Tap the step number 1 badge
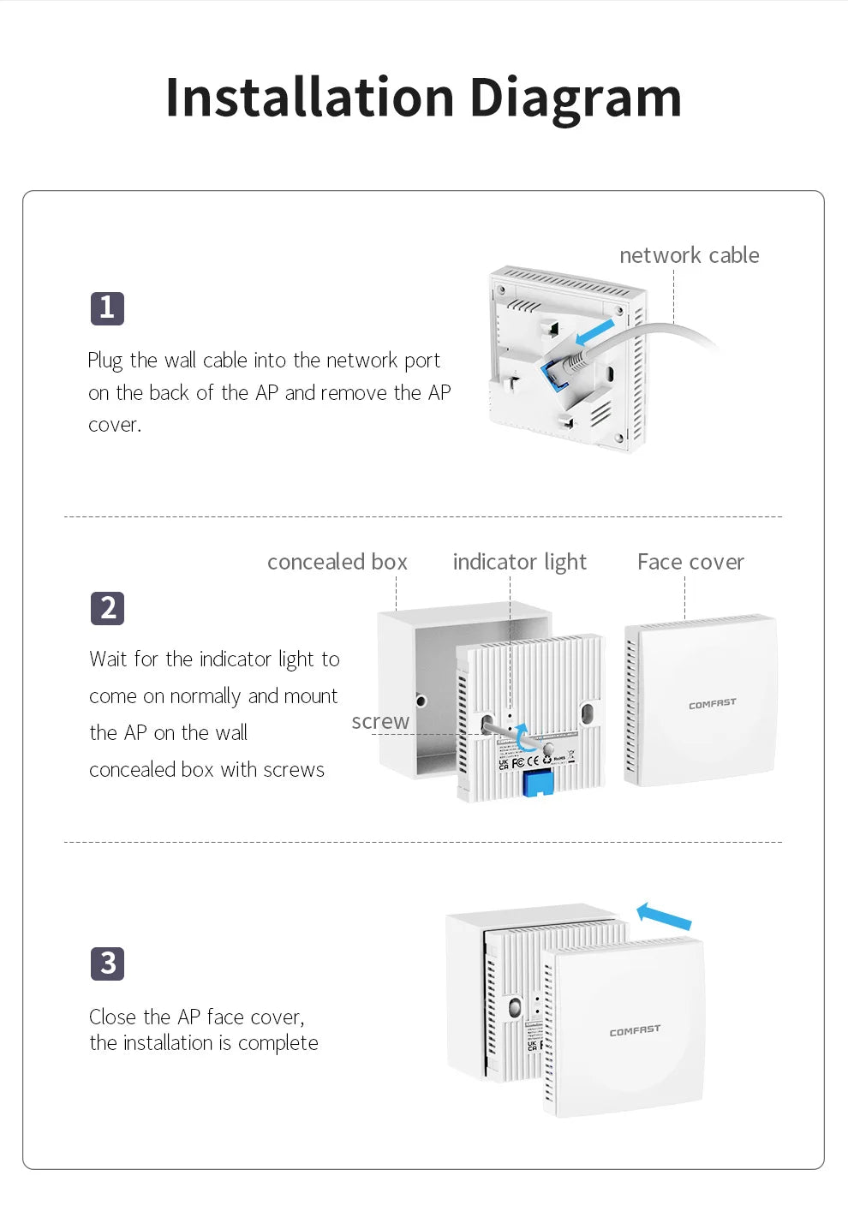point(107,308)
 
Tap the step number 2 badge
point(107,608)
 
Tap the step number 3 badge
point(107,964)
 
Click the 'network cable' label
point(689,255)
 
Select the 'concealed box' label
point(337,562)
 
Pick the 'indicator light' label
point(519,562)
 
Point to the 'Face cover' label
point(690,562)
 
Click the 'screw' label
point(380,721)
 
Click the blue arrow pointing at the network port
point(595,332)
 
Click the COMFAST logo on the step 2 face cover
point(712,703)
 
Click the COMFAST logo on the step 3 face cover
point(635,1031)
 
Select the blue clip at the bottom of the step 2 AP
point(537,782)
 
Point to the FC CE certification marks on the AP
point(526,760)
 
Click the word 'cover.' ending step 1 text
point(115,425)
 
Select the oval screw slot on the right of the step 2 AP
point(588,713)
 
